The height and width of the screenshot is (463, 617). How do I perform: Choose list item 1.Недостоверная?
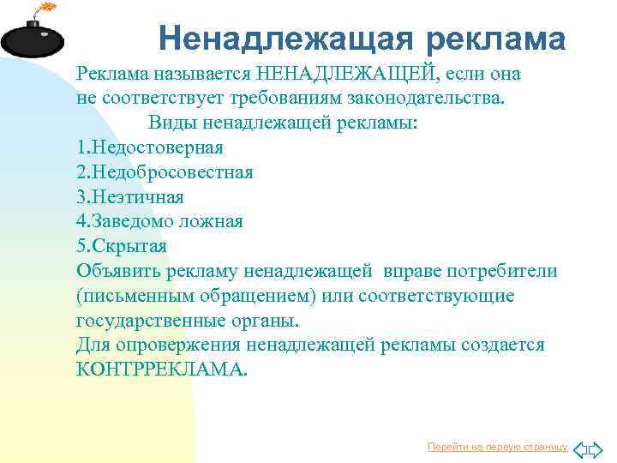[x=150, y=147]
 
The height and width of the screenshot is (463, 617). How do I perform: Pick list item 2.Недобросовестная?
[x=165, y=171]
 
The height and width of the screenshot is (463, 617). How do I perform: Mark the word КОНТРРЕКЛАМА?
[x=160, y=370]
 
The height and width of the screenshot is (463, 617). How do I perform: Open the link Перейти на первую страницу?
[x=498, y=447]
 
